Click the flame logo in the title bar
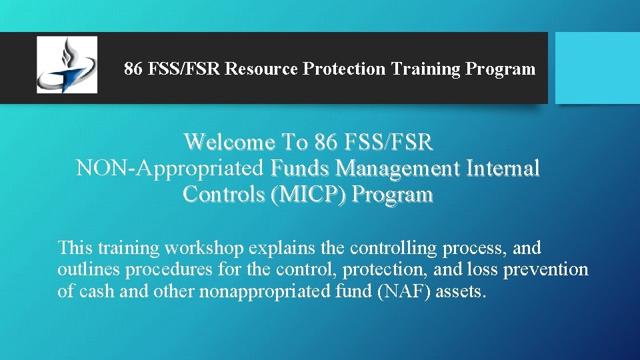click(67, 65)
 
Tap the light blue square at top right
click(597, 67)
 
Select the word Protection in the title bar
click(343, 69)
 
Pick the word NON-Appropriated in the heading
click(171, 168)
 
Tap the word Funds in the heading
click(301, 168)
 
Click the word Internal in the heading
click(504, 168)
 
